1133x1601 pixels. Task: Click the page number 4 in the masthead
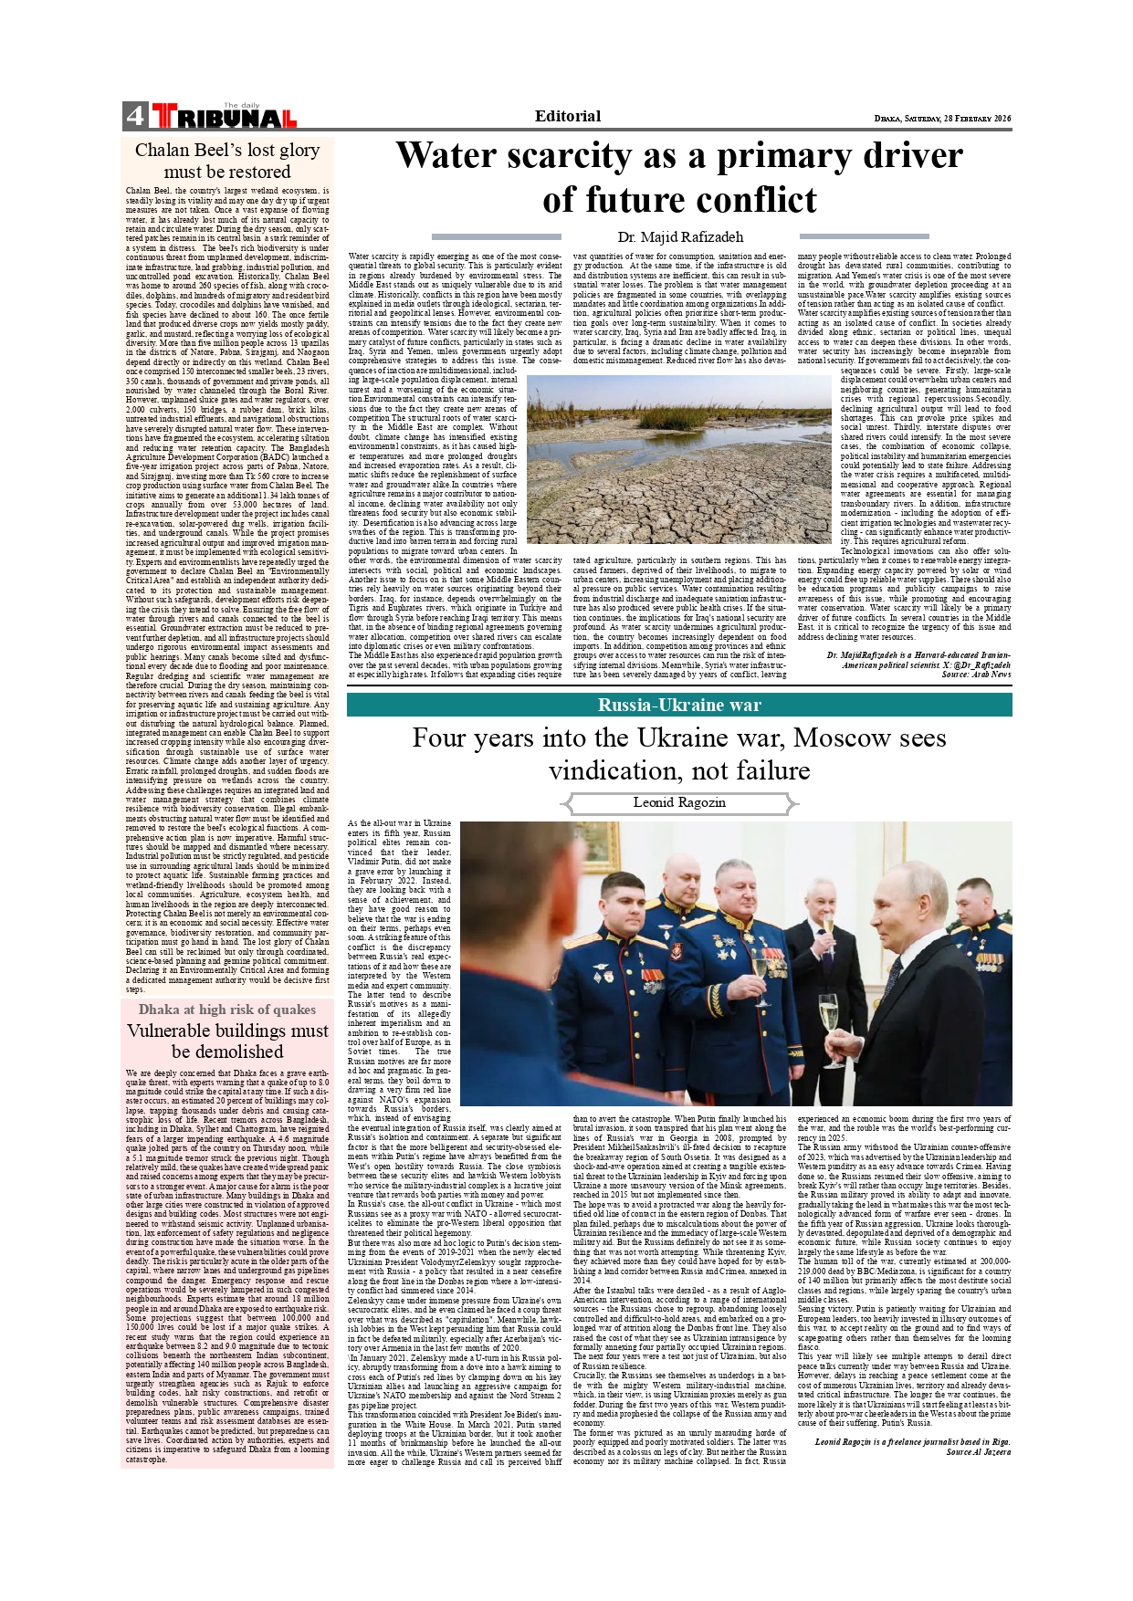click(135, 116)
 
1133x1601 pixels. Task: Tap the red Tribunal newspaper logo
click(225, 117)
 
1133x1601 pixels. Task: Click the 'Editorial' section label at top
click(567, 116)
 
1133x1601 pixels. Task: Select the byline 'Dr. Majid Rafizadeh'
click(680, 237)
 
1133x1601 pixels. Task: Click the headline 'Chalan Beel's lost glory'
click(227, 151)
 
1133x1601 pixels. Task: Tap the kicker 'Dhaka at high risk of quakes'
click(227, 1010)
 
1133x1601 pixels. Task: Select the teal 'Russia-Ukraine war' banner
click(679, 705)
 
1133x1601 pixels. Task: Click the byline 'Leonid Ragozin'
click(679, 802)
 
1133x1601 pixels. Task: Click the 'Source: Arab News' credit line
click(976, 675)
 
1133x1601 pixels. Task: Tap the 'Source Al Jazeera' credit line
click(978, 1451)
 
